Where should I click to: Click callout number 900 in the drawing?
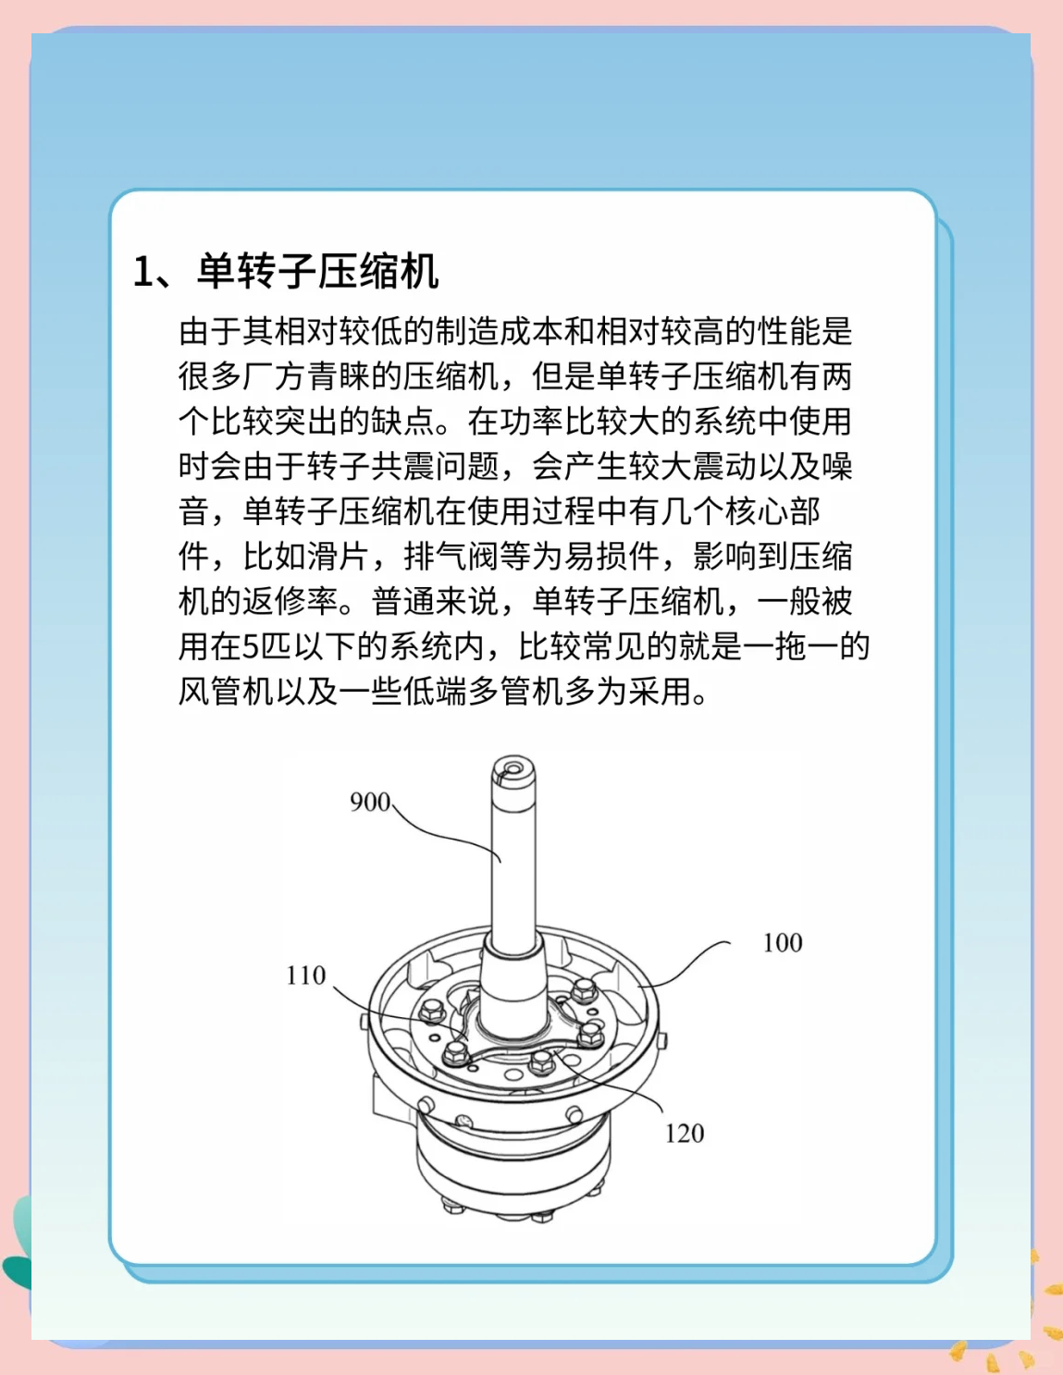[x=370, y=802]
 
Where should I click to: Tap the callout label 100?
[x=782, y=943]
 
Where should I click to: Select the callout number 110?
[x=306, y=976]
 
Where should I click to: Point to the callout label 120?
[x=685, y=1134]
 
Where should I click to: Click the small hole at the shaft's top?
[x=510, y=766]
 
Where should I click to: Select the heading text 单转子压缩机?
[x=317, y=272]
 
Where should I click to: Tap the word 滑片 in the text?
[x=340, y=557]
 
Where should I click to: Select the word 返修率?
[x=290, y=602]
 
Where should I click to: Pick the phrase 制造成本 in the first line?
[x=500, y=331]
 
